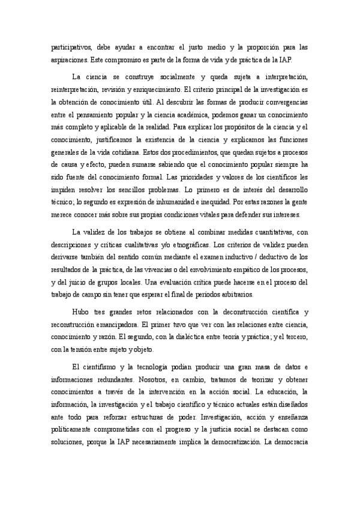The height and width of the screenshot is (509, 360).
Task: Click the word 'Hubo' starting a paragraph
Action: point(79,312)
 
